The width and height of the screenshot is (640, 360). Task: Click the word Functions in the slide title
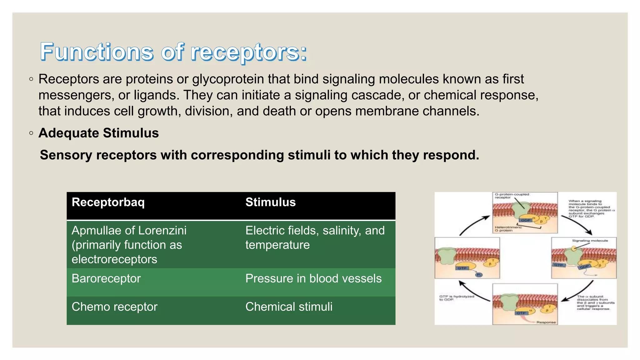pos(97,52)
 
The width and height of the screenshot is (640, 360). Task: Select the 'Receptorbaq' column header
pos(108,202)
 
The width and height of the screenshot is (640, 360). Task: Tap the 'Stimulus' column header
pos(270,202)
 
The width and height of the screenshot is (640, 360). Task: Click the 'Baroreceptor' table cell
pos(106,278)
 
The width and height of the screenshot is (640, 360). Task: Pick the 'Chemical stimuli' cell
pos(289,307)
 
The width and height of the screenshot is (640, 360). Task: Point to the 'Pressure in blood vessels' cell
pos(313,278)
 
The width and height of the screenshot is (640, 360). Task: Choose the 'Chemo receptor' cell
pos(114,307)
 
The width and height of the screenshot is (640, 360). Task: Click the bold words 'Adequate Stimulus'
pos(98,133)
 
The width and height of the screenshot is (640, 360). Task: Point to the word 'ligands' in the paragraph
pos(157,95)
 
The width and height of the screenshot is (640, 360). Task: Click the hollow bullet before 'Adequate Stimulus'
pos(31,133)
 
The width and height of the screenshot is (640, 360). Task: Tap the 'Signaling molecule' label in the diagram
pos(590,241)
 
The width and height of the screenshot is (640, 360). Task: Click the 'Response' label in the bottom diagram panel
pos(546,322)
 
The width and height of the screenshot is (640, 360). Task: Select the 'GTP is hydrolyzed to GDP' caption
pos(456,298)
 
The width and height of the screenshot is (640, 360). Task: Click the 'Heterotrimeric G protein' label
pos(507,229)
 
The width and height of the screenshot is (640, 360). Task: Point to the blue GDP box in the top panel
pos(526,220)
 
